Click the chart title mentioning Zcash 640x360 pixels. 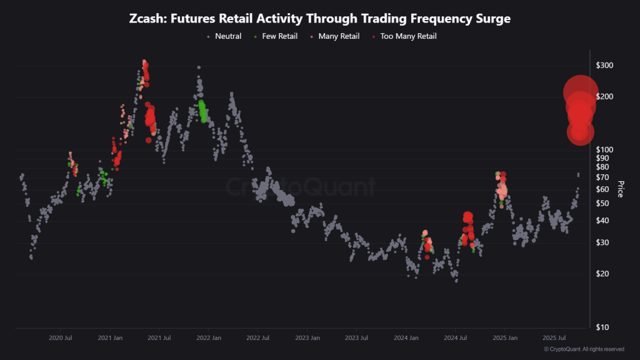320,19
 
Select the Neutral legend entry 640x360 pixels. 227,36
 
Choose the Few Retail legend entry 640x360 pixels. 279,36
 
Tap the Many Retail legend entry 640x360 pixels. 338,36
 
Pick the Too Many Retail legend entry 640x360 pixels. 407,36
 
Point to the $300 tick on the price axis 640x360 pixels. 605,66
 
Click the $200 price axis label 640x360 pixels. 605,97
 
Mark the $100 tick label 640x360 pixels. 605,150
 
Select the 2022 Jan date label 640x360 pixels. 208,338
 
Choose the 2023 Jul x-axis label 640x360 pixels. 356,338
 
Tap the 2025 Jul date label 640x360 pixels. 554,338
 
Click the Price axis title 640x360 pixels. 621,189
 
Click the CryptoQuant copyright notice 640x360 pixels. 584,349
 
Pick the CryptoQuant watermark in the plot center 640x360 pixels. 301,187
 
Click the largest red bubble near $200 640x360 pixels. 579,92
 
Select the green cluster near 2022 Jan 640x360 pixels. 202,111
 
